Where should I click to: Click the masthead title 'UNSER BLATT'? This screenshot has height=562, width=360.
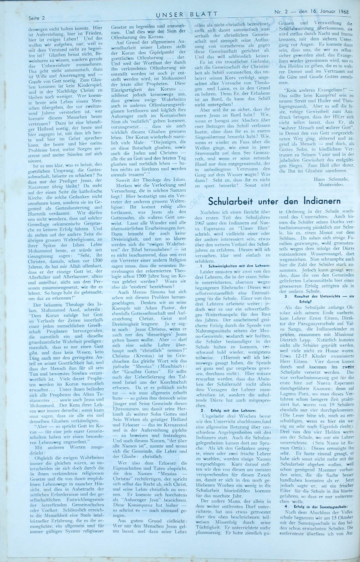186,14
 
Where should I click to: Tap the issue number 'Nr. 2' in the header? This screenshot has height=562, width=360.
280,12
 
